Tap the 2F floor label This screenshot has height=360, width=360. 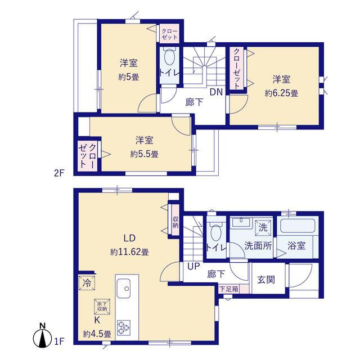(59, 173)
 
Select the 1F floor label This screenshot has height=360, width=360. (59, 341)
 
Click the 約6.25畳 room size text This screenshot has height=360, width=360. (281, 93)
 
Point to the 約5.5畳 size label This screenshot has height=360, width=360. (144, 154)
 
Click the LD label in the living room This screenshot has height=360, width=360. (129, 238)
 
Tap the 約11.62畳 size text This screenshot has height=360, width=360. (129, 252)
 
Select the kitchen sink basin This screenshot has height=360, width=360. (123, 288)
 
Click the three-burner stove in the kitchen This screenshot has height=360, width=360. (124, 327)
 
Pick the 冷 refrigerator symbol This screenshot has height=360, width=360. (87, 283)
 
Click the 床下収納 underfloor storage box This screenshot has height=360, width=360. (102, 307)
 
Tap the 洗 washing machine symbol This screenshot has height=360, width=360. (263, 228)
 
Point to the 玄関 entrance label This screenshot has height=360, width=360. (266, 280)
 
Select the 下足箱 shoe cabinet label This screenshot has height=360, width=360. (229, 289)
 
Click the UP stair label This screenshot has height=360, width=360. (193, 266)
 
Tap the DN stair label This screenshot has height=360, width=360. (216, 92)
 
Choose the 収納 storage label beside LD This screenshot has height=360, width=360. (175, 222)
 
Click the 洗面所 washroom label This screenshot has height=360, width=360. (258, 246)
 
